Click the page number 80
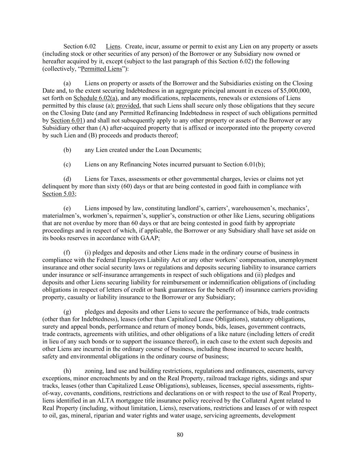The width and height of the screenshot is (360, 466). pyautogui.click(x=180, y=435)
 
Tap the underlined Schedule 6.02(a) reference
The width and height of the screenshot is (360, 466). pyautogui.click(x=96, y=98)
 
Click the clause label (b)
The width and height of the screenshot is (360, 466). pyautogui.click(x=67, y=150)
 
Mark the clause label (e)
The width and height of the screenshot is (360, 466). pyautogui.click(x=67, y=208)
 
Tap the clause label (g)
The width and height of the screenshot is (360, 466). pyautogui.click(x=67, y=312)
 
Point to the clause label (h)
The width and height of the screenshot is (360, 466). pyautogui.click(x=67, y=371)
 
